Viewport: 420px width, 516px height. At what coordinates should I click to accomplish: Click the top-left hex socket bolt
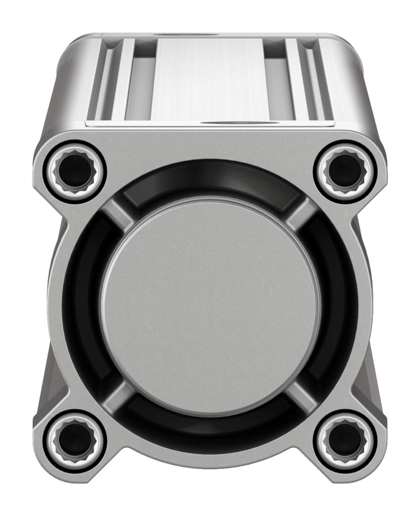pos(74,171)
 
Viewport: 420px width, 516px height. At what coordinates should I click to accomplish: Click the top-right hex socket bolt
pos(345,171)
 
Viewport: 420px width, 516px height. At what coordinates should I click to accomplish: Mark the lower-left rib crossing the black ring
pos(117,398)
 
